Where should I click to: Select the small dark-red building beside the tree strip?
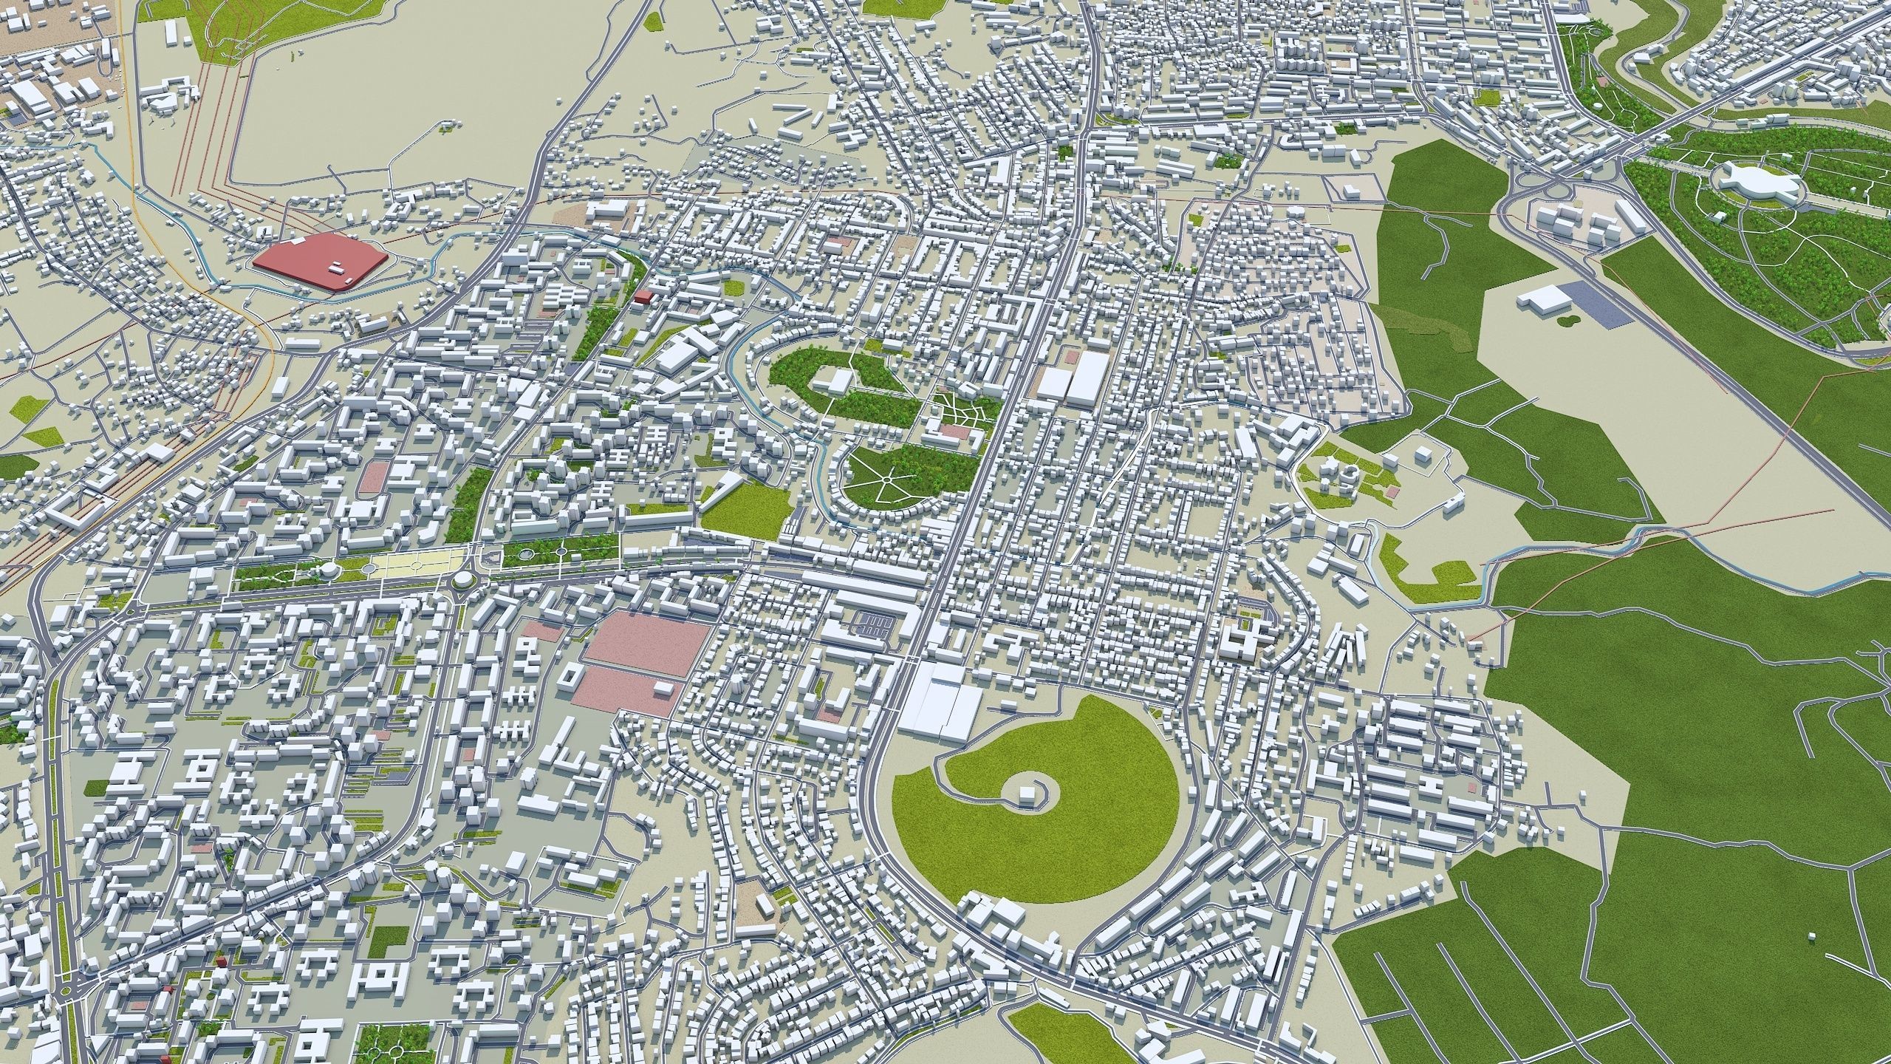click(643, 296)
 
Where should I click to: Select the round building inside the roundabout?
click(462, 581)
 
